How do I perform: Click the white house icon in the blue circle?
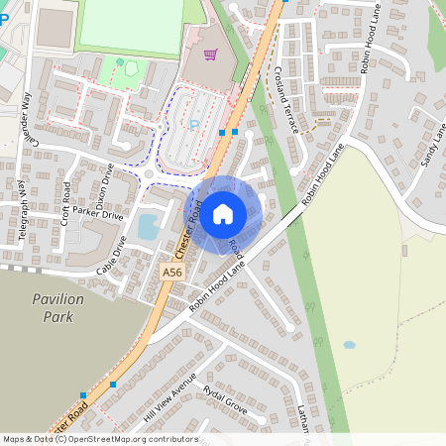(x=223, y=213)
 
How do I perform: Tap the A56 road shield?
(x=172, y=271)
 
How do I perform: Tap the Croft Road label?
(x=65, y=202)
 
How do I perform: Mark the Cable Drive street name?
(x=113, y=255)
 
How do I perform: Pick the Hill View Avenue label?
(x=170, y=397)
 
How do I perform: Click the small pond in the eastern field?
(x=349, y=345)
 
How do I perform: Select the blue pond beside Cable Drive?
(x=148, y=227)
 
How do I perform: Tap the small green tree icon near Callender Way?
(x=120, y=62)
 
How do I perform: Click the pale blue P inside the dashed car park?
(x=194, y=125)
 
